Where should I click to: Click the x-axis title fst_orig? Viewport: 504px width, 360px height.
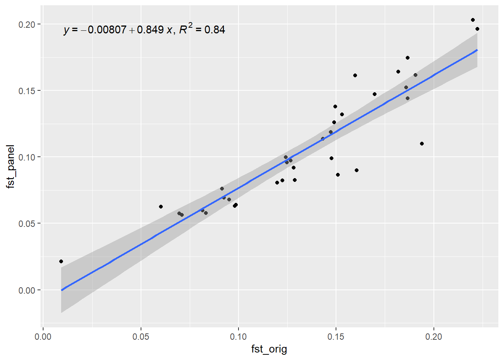point(269,349)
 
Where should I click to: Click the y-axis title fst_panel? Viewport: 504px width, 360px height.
point(10,166)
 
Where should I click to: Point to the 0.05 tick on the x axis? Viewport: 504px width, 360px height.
point(141,337)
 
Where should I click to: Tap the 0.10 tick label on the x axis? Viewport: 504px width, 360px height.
point(238,337)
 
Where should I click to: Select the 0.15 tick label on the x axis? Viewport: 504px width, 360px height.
point(336,337)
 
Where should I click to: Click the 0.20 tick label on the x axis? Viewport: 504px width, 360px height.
point(433,337)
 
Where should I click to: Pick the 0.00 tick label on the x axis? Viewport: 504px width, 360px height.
point(43,337)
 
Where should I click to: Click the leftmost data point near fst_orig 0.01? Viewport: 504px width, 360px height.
point(61,261)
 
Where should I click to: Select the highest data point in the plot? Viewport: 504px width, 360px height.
point(473,20)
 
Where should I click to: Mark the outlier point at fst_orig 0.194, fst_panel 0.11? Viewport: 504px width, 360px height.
point(422,144)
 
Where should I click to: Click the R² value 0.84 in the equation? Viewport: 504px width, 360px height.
point(214,30)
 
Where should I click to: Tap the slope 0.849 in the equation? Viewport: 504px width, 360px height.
point(150,30)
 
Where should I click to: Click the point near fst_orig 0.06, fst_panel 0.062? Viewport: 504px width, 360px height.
point(161,207)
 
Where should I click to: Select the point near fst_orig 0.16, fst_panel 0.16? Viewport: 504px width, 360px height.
point(355,75)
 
